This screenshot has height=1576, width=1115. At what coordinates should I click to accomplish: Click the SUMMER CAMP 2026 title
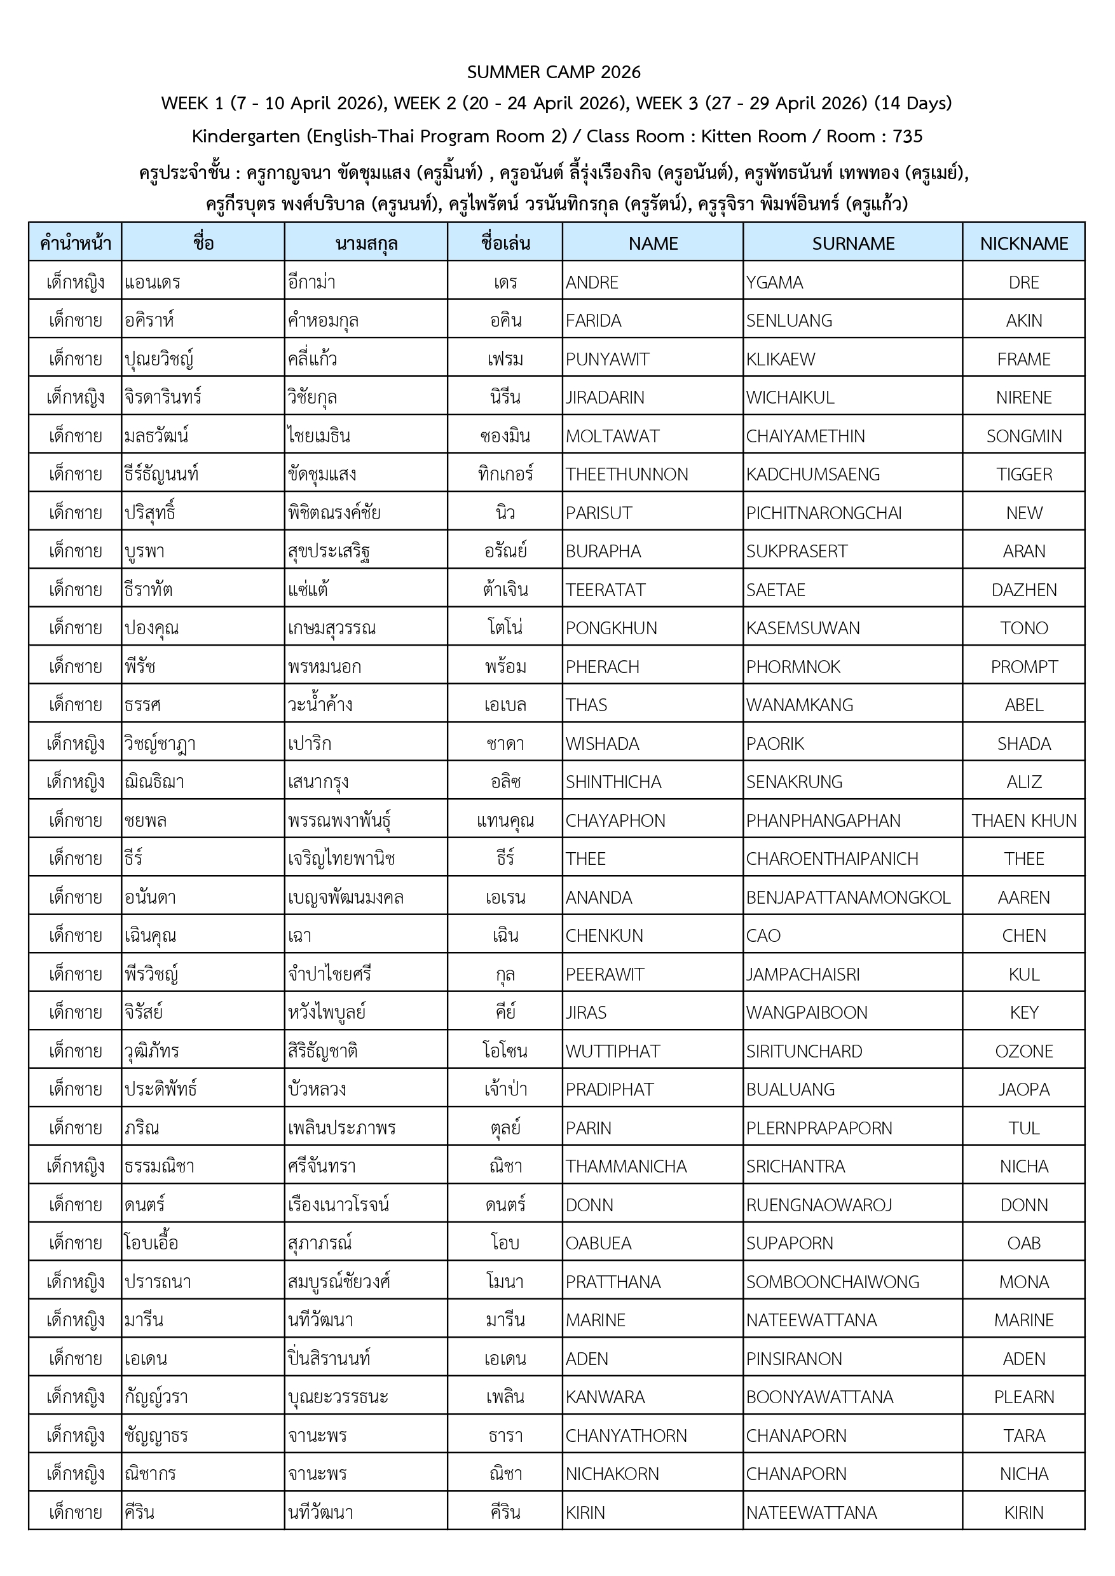point(554,72)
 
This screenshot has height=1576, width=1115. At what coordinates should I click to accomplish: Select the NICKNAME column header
point(1023,243)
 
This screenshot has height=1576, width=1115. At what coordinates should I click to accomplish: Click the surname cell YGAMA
point(774,282)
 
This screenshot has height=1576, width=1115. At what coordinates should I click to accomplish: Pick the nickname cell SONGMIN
point(1023,436)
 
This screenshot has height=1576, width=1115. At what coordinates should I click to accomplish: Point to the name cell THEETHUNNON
point(626,474)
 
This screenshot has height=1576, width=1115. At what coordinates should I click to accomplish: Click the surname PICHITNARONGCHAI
point(823,513)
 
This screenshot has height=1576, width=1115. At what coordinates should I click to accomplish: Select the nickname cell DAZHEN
point(1023,590)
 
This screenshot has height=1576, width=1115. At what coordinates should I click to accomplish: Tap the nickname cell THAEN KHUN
point(1023,820)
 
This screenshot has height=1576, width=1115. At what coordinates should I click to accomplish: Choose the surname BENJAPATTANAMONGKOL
point(848,897)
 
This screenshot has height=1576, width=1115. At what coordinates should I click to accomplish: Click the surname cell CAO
point(763,935)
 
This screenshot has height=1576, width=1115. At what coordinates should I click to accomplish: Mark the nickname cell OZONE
point(1023,1051)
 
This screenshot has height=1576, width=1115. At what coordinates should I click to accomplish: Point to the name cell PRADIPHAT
point(609,1089)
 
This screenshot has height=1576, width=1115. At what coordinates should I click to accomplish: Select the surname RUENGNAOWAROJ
point(818,1205)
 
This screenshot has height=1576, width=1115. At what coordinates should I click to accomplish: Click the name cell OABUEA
point(598,1243)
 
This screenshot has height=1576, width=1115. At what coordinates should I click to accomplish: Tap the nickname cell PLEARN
point(1023,1397)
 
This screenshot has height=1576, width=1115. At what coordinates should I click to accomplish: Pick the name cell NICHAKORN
point(612,1474)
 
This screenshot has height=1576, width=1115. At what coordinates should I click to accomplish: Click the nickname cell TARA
point(1023,1436)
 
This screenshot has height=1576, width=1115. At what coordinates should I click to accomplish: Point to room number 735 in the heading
point(907,136)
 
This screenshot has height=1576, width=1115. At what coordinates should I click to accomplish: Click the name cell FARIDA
point(593,320)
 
